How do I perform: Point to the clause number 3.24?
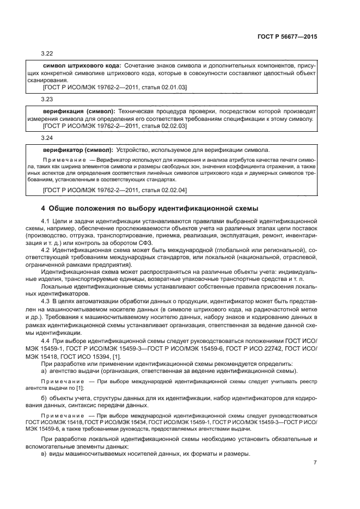coord(47,138)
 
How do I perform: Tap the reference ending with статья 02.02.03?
coord(114,126)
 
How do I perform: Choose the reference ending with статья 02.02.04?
coord(114,189)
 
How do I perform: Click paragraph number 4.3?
coord(46,301)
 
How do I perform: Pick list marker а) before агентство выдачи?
coord(45,371)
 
